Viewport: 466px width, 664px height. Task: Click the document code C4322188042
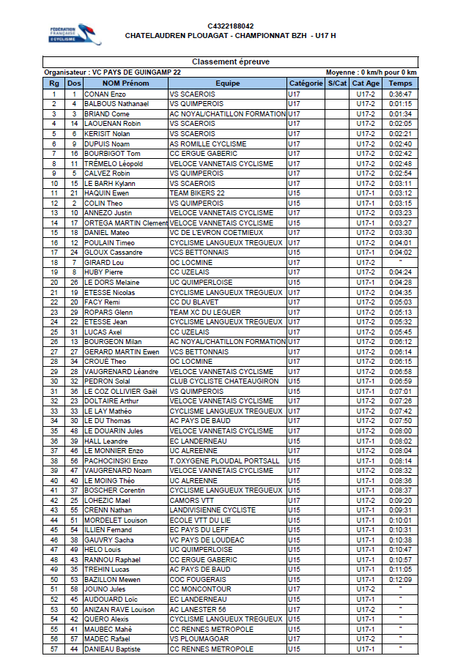[231, 26]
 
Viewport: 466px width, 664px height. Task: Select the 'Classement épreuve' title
[231, 62]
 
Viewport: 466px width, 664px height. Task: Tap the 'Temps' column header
[400, 83]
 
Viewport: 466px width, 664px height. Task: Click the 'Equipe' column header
[227, 83]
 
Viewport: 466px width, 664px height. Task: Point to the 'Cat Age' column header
[366, 83]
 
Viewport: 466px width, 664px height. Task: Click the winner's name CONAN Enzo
[105, 94]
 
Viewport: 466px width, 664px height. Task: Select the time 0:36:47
[400, 94]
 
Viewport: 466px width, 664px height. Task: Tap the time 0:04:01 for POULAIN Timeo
[400, 242]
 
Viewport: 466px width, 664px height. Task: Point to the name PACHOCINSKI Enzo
[116, 460]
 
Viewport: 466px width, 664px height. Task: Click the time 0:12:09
[400, 580]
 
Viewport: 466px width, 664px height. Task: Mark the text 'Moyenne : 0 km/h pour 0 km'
[371, 72]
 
